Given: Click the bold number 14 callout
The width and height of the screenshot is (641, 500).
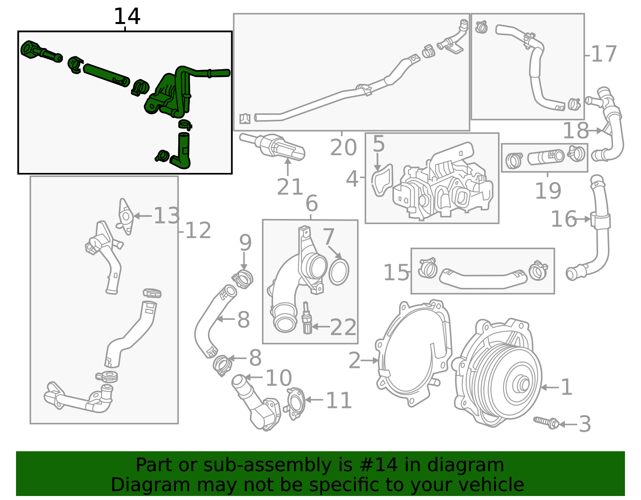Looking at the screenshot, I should tap(127, 17).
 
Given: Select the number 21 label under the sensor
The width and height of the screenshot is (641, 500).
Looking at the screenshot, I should tap(290, 187).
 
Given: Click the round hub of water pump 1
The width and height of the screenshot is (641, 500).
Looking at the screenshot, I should tap(522, 385).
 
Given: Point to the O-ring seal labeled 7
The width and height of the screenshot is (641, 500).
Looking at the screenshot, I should tap(339, 272).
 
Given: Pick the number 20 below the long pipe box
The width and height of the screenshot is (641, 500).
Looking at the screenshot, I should tap(343, 147).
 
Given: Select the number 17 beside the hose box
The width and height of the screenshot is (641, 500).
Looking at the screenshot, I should tap(603, 54).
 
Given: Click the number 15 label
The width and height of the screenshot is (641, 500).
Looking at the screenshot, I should tap(396, 273).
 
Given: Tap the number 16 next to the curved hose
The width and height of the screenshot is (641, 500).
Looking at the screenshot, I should tap(563, 219).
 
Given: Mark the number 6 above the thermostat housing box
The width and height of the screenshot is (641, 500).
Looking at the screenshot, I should tap(311, 203).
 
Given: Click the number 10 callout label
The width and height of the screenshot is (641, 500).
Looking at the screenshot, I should tap(278, 378).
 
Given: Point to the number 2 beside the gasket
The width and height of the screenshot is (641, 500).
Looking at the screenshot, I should tap(355, 360).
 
